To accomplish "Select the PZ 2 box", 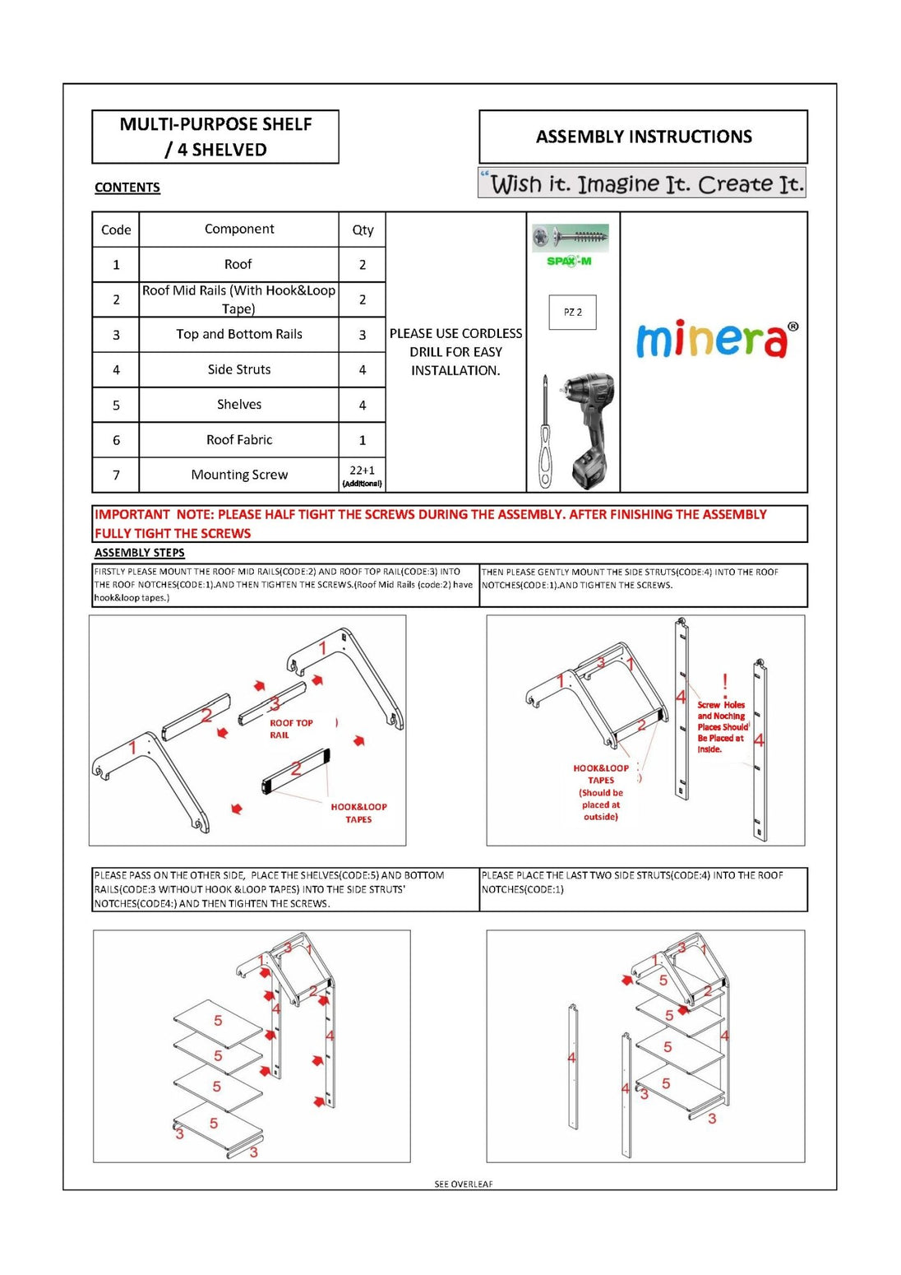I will [572, 313].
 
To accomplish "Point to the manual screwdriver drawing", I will [544, 434].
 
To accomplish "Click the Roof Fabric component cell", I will [239, 440].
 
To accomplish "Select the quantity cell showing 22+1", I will [362, 475].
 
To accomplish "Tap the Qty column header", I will [363, 230].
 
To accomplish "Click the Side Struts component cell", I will [239, 370].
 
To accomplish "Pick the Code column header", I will [116, 230].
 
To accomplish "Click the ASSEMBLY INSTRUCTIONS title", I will [644, 137].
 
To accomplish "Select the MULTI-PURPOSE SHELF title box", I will [215, 137].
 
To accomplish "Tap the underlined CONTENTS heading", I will [127, 188].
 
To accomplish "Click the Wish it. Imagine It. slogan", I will [642, 183].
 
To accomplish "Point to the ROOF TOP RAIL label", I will [291, 729].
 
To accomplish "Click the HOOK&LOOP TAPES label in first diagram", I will [358, 813].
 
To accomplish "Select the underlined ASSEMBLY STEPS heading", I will [140, 553].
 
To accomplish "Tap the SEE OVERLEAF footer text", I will [464, 1185].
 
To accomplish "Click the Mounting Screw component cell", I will [239, 475].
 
